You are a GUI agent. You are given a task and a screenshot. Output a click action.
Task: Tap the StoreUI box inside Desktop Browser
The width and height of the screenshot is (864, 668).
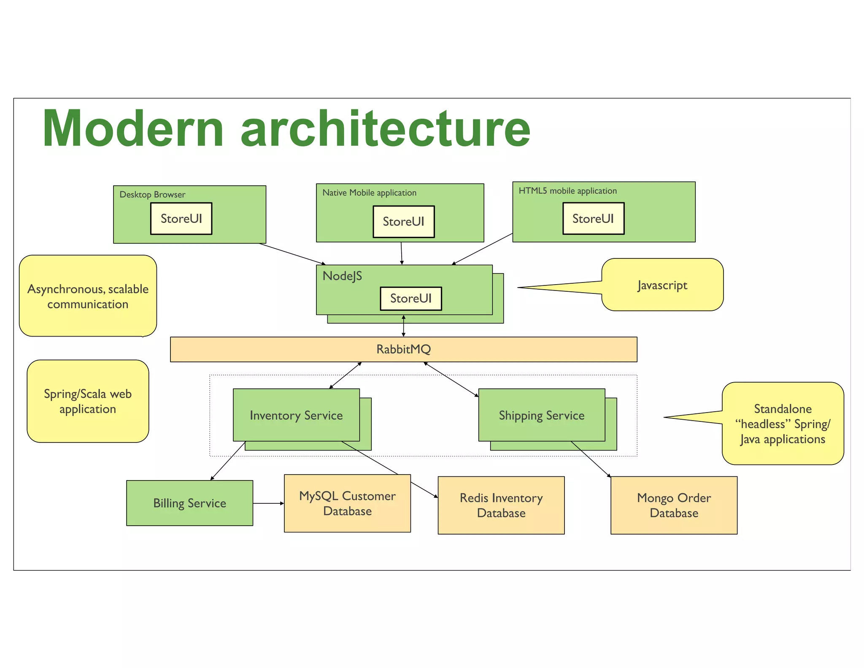[x=181, y=218]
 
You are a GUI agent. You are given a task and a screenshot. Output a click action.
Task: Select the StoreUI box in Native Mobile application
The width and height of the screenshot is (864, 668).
[x=403, y=221]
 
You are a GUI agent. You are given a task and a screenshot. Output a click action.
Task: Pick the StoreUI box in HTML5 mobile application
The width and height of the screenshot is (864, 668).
[x=593, y=218]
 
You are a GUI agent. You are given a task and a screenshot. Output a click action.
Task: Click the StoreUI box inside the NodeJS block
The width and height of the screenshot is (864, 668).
[x=410, y=299]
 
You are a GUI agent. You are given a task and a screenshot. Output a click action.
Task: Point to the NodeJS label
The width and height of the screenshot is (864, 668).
[x=342, y=276]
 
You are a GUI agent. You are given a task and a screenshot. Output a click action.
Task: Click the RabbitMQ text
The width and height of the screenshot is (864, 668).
[x=403, y=349]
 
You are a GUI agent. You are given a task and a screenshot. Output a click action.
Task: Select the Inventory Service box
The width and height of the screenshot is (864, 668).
[x=296, y=415]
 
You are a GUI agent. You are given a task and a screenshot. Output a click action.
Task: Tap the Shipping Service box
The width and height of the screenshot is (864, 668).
[x=541, y=415]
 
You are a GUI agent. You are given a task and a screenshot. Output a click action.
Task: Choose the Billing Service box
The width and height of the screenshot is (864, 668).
[x=189, y=503]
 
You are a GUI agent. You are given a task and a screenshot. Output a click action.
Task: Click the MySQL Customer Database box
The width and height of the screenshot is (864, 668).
[x=347, y=503]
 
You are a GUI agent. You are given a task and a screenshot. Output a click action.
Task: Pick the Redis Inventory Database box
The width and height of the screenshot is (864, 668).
[x=501, y=505]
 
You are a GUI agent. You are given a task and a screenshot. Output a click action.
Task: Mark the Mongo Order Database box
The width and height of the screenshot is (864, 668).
[x=674, y=505]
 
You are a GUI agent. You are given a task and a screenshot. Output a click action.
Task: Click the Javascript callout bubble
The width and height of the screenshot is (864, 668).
[x=662, y=285]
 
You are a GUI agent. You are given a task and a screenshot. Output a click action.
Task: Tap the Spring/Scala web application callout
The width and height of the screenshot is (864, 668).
[x=88, y=401]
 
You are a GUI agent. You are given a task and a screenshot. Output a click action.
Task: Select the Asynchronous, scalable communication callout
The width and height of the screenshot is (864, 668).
[x=88, y=296]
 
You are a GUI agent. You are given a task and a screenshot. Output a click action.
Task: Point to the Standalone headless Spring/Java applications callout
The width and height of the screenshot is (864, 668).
[x=783, y=424]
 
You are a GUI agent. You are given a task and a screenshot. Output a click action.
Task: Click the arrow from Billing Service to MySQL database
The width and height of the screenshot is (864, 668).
[x=268, y=503]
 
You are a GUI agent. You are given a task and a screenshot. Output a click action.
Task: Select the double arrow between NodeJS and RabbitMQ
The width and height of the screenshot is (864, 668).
[x=404, y=326]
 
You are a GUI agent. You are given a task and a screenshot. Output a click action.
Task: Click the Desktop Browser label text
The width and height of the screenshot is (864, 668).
[x=152, y=195]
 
